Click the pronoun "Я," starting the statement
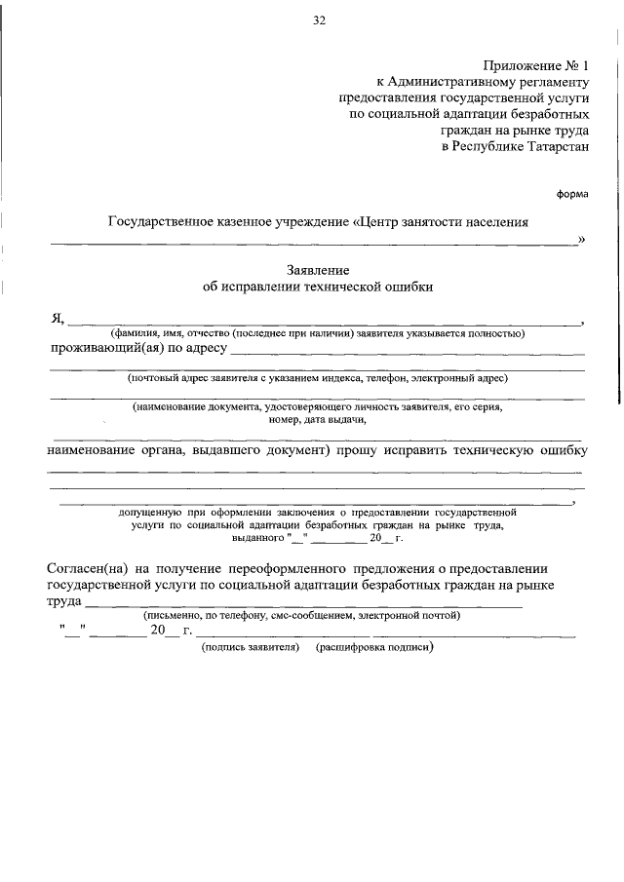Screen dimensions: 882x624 (x=58, y=318)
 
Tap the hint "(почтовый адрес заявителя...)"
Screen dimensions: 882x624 (x=318, y=377)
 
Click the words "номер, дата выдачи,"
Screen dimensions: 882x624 (x=317, y=420)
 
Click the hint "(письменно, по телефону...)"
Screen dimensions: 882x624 (x=301, y=616)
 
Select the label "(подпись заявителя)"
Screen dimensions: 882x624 (x=250, y=647)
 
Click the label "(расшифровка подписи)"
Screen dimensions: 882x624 (x=373, y=647)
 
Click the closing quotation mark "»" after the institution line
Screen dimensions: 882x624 (x=582, y=239)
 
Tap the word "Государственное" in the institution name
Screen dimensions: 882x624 (x=158, y=222)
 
